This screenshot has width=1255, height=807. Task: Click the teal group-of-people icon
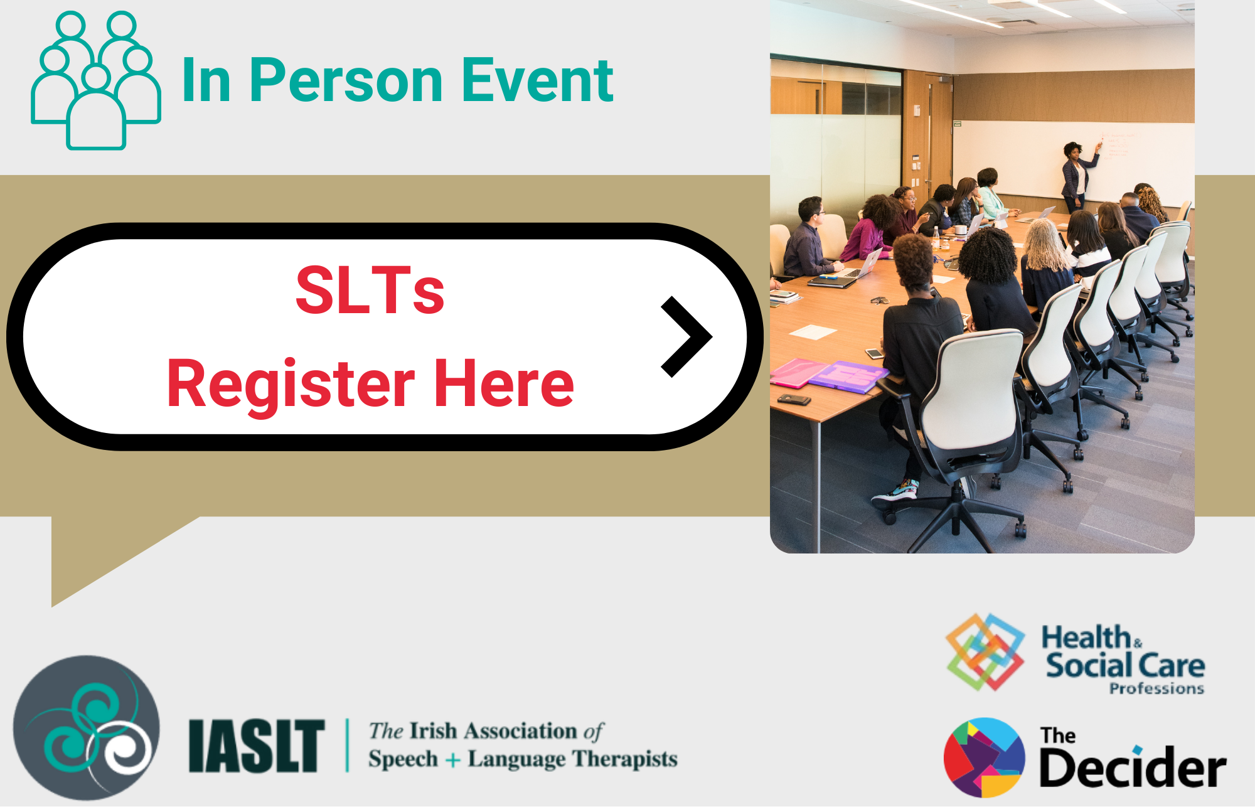[96, 80]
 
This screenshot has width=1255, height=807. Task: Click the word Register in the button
[291, 384]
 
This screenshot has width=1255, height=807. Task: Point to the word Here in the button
[504, 383]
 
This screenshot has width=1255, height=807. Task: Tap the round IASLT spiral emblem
[87, 728]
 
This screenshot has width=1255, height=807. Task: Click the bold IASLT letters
[257, 746]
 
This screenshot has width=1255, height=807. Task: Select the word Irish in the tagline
[433, 731]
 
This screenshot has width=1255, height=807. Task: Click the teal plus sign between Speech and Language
[453, 761]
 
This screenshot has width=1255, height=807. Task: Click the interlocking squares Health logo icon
[985, 652]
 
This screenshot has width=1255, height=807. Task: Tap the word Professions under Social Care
[1156, 688]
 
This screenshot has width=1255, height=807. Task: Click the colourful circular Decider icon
[985, 757]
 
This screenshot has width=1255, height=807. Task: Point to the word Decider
[1133, 766]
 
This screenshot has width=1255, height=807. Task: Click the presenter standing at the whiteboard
[1077, 176]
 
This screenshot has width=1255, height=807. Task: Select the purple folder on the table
[848, 377]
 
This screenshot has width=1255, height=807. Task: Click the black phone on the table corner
[794, 399]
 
